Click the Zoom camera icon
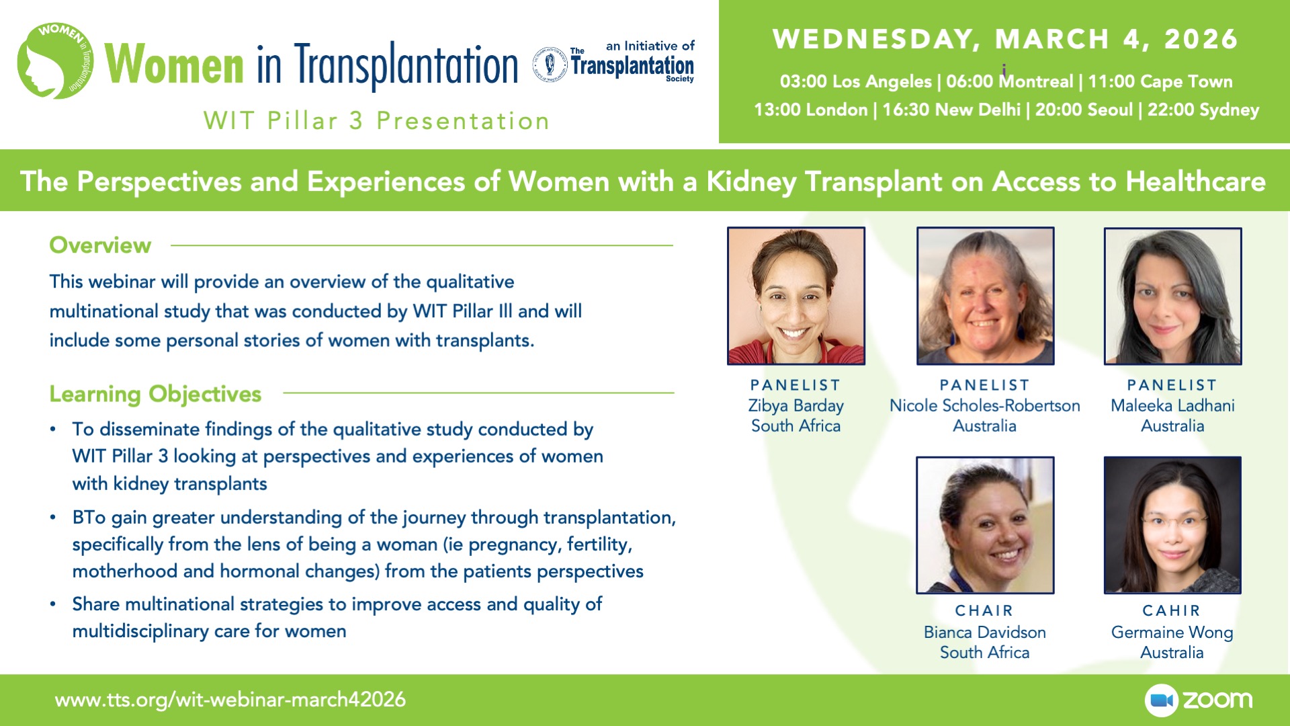coord(1161,700)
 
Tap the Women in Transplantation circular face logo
coord(55,61)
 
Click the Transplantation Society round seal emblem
coord(550,65)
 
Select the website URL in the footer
coord(230,700)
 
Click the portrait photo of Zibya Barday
coord(796,296)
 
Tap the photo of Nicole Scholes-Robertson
coord(985,296)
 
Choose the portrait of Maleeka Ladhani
coord(1172,296)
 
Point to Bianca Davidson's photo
coord(985,525)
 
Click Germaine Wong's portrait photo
coord(1172,525)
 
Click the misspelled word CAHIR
coord(1172,610)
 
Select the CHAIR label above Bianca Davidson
coord(984,610)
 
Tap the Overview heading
coord(100,245)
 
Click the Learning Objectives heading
coord(155,394)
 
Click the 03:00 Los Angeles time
coord(855,82)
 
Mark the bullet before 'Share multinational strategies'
coord(53,604)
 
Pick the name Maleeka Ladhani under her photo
coord(1172,405)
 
